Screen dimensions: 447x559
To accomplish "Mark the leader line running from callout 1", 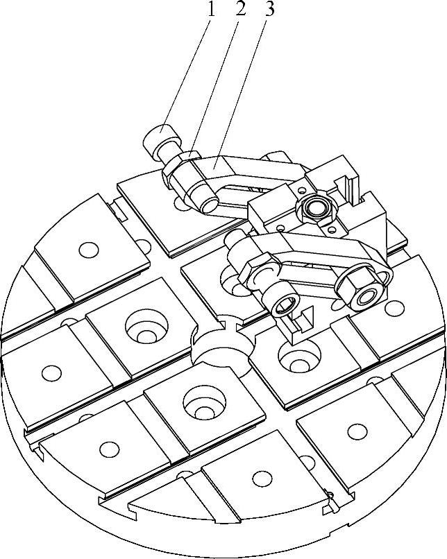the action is [x=183, y=69].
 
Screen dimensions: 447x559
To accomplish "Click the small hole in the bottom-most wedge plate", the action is [x=262, y=478].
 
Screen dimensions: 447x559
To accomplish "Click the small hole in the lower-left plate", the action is [x=108, y=449].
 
